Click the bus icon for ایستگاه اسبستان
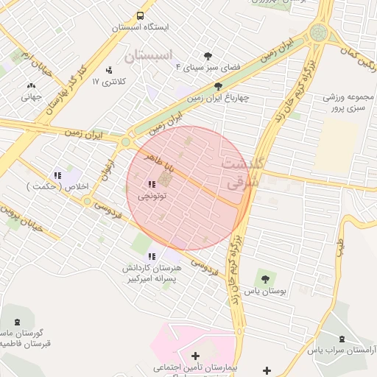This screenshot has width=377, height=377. (140, 15)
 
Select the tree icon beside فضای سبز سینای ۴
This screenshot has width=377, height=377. (208, 56)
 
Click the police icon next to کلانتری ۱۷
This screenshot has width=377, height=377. (109, 70)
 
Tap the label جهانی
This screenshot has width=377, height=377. (31, 96)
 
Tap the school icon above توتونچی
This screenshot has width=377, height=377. (152, 184)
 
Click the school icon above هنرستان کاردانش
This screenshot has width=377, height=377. (152, 256)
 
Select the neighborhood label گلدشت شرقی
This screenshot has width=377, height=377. (240, 172)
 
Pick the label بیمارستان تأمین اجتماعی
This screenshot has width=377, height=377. (194, 366)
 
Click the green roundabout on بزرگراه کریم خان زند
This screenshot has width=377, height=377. (318, 32)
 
